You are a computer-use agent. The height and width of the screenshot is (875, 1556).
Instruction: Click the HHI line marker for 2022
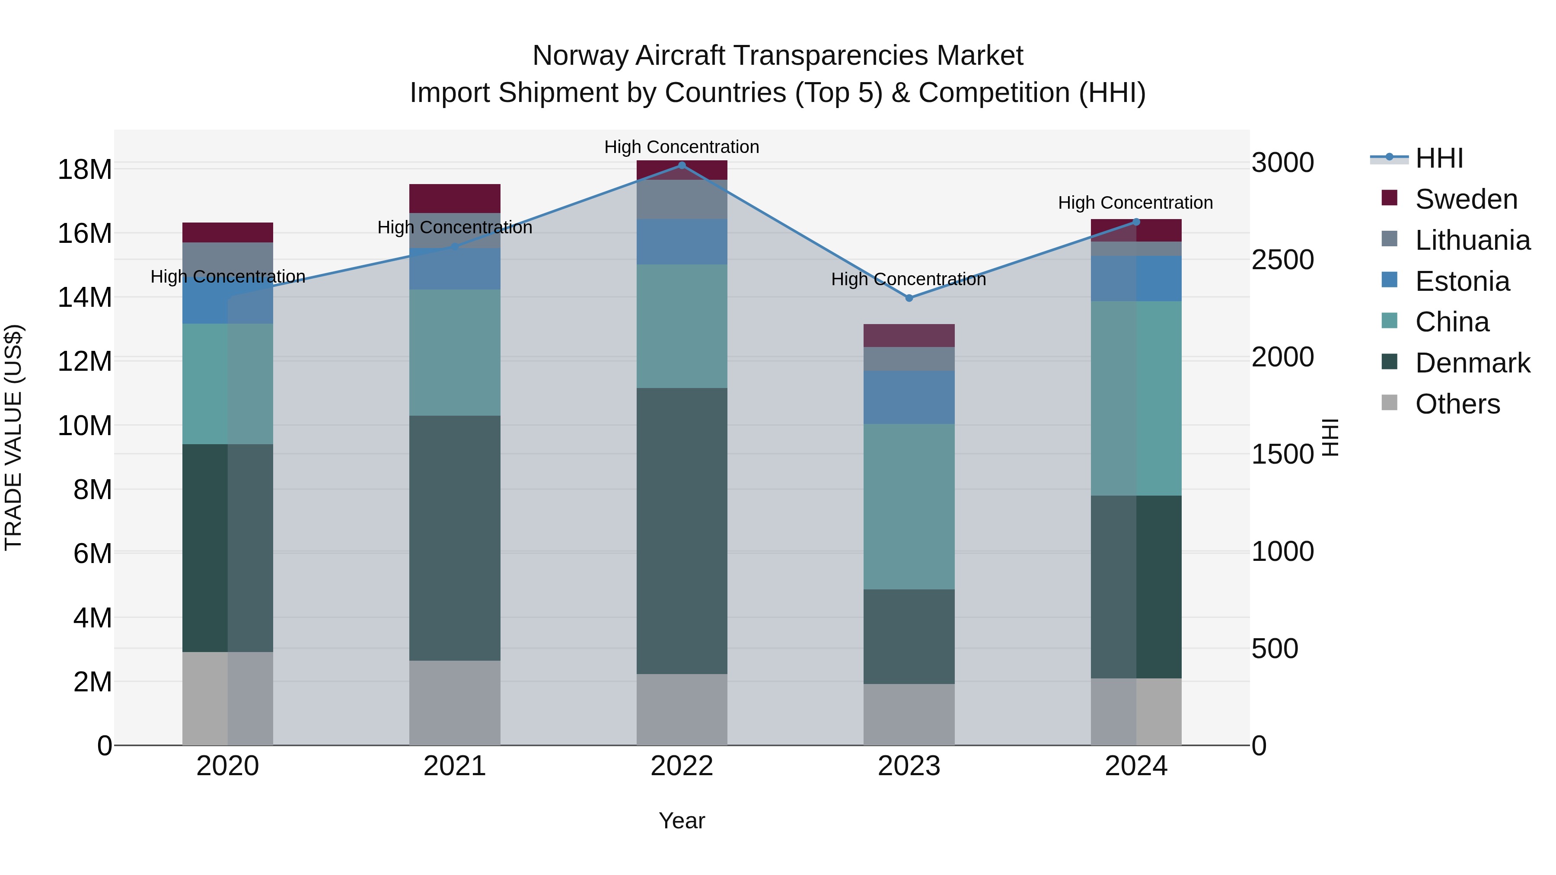pos(682,165)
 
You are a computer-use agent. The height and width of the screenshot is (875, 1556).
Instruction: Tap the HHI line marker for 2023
pos(909,298)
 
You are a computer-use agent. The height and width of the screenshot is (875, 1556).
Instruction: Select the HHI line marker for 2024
pos(1135,222)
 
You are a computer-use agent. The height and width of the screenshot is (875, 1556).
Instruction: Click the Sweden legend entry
pos(1466,199)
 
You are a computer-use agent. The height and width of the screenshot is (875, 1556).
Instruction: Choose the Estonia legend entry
pos(1462,281)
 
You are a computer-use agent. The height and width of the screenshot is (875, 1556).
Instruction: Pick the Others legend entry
pos(1457,404)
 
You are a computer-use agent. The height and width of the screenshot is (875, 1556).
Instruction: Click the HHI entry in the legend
pos(1439,158)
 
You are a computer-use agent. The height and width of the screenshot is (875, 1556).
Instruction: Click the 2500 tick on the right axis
pos(1282,260)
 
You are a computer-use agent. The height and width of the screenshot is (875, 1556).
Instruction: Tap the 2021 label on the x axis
pos(455,766)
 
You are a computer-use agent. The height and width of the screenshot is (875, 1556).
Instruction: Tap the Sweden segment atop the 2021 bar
pos(455,198)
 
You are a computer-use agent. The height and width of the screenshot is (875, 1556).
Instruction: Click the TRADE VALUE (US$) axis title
pos(13,437)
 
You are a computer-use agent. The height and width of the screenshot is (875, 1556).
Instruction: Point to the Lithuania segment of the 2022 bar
pos(682,199)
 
